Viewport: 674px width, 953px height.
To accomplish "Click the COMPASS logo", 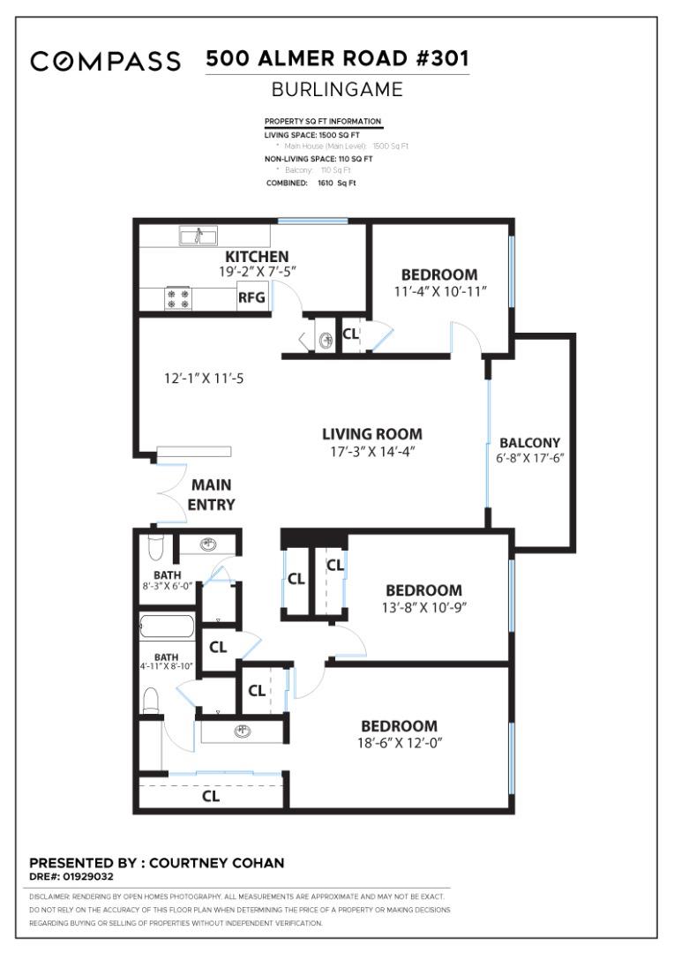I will [105, 62].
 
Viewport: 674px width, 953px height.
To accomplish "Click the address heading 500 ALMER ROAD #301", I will [337, 59].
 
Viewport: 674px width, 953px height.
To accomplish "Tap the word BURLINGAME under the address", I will [337, 89].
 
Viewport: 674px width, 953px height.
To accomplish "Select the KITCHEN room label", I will [258, 256].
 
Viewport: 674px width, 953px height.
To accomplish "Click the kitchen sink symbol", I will [198, 236].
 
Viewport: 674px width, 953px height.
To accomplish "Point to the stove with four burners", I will [179, 299].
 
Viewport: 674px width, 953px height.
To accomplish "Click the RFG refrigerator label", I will [251, 298].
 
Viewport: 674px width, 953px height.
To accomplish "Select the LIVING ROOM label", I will [371, 434].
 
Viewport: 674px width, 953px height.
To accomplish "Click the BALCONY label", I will [529, 442].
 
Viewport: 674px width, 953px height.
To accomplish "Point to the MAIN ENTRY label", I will [212, 495].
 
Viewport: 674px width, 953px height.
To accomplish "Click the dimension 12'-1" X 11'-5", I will [205, 379].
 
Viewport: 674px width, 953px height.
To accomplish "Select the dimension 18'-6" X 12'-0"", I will [393, 742].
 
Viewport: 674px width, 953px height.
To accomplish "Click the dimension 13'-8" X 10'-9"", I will [423, 607].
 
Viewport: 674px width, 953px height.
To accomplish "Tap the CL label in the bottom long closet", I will [211, 796].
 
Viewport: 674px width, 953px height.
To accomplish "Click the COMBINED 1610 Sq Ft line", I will [311, 183].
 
